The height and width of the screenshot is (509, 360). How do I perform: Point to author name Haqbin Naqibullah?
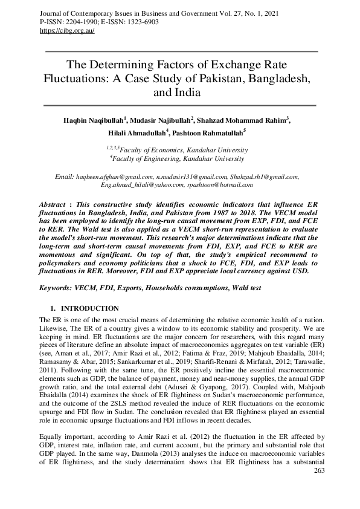[x=92, y=120]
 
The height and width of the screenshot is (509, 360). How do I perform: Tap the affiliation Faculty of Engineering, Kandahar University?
[x=179, y=159]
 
